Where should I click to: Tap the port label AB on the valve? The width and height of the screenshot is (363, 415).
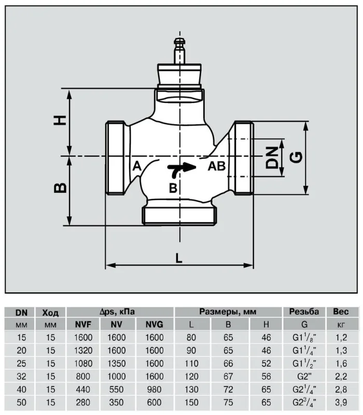[217, 166]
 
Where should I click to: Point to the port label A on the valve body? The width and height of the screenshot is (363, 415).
[137, 166]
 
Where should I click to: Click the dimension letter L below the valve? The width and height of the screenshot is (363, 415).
[179, 258]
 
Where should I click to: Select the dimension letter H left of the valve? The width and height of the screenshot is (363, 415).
[60, 120]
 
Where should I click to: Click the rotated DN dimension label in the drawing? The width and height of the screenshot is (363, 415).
[272, 158]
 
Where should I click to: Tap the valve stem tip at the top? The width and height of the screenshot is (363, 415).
[180, 41]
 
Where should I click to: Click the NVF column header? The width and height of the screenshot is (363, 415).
[83, 324]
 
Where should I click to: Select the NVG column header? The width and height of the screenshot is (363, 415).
[155, 324]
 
